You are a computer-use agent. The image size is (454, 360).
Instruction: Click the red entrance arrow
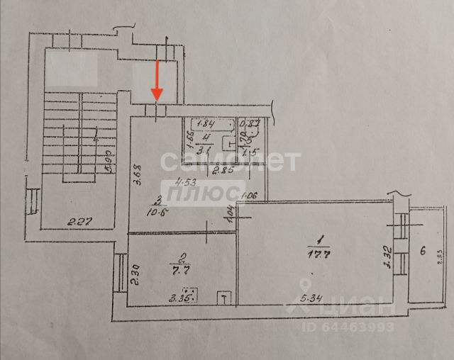click(157, 81)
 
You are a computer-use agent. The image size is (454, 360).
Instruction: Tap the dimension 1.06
click(248, 196)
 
